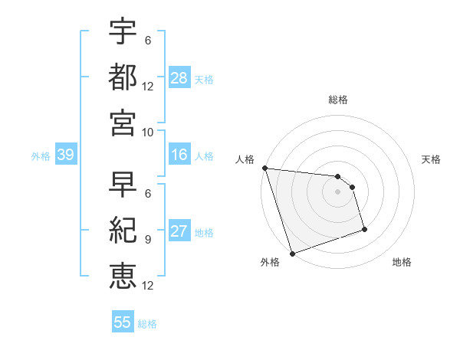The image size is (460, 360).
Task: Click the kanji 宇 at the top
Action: (x=123, y=34)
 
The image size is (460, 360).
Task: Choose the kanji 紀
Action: (x=123, y=230)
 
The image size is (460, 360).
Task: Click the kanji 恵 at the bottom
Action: (x=123, y=273)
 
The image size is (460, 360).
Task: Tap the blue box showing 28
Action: (x=179, y=77)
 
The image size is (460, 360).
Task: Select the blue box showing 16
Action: (x=179, y=155)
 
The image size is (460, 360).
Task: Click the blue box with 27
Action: (x=179, y=232)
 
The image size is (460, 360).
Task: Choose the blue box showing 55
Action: (x=123, y=322)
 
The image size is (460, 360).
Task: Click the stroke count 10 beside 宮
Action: (x=148, y=132)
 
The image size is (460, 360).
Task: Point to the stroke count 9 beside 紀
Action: (x=148, y=240)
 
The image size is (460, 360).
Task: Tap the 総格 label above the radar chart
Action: (x=338, y=100)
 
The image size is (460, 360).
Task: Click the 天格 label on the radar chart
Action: (x=432, y=159)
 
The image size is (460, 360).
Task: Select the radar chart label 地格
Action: (x=402, y=262)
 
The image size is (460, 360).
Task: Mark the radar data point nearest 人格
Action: (x=264, y=168)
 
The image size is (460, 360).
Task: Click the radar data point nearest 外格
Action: (x=292, y=253)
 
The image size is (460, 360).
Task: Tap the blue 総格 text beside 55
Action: (x=148, y=323)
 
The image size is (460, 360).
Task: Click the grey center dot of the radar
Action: (x=338, y=191)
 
